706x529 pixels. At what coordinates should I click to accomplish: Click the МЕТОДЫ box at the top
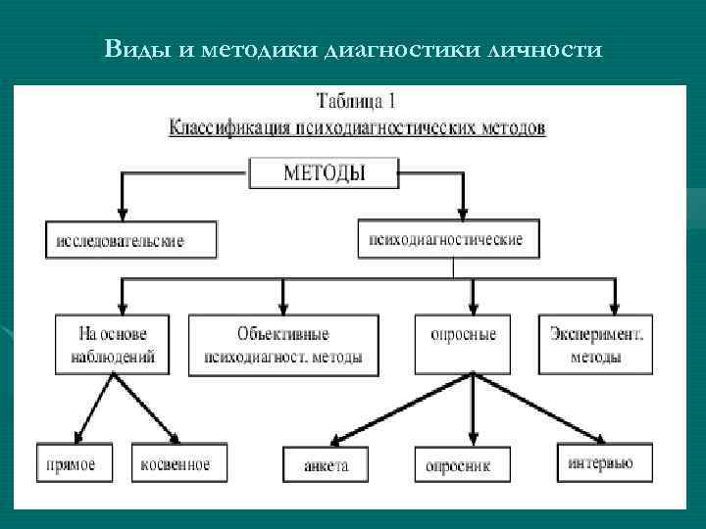[x=324, y=174]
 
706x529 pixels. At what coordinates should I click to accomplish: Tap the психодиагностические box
[x=446, y=239]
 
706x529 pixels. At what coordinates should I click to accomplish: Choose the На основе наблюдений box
[x=113, y=345]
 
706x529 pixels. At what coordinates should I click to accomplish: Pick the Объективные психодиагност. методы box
[x=283, y=345]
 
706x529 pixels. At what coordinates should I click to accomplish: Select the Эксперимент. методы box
[x=596, y=345]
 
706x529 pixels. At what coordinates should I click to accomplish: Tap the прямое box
[x=72, y=463]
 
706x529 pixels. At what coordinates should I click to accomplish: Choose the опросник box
[x=457, y=465]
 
